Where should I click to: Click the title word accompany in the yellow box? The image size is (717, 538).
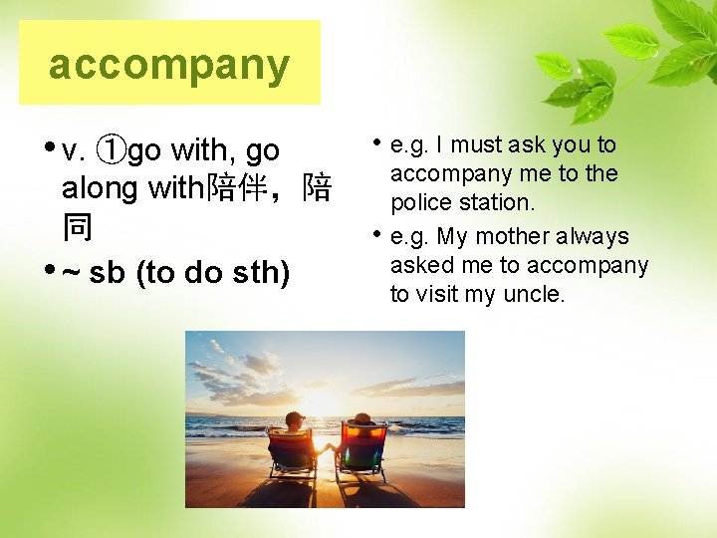[169, 65]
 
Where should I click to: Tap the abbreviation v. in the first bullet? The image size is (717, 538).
[73, 151]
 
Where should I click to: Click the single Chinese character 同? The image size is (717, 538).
[77, 227]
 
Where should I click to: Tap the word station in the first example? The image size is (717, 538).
[499, 202]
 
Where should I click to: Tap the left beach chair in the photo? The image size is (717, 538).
[291, 451]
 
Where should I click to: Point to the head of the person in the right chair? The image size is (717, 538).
[362, 420]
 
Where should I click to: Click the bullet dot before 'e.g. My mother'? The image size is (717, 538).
[378, 235]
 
